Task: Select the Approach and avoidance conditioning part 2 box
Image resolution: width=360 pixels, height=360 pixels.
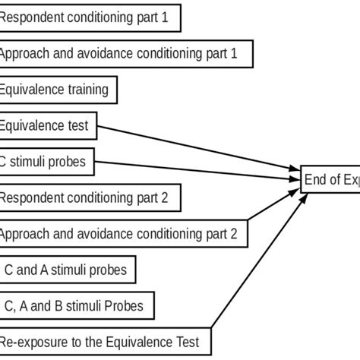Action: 122,234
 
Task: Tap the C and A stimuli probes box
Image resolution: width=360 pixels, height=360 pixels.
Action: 68,270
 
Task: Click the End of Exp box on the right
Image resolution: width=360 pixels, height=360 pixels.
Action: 330,180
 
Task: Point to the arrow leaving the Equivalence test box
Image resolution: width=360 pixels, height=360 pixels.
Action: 197,150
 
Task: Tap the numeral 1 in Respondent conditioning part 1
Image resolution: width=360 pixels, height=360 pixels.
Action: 165,17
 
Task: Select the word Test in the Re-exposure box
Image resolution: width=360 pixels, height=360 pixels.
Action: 186,343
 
